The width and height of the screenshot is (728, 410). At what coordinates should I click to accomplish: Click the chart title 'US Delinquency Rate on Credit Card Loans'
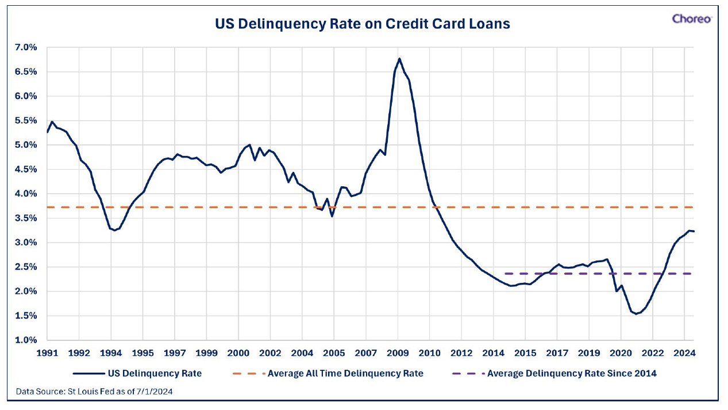(363, 24)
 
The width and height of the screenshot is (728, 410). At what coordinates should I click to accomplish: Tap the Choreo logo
(692, 19)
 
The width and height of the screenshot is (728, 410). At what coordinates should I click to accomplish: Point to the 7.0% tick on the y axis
(26, 48)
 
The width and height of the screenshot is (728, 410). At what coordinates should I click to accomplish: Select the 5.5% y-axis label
(26, 121)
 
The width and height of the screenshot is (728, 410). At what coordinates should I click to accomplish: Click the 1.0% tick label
(26, 340)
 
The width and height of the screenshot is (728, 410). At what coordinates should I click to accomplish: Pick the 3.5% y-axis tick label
(26, 218)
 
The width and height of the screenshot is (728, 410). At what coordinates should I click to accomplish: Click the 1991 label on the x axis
(48, 352)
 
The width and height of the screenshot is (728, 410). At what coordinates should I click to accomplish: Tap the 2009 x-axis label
(398, 352)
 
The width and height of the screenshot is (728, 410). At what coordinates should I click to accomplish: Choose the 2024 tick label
(684, 352)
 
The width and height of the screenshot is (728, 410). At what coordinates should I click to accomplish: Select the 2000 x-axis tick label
(238, 352)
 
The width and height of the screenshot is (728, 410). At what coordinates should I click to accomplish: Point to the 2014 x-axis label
(494, 352)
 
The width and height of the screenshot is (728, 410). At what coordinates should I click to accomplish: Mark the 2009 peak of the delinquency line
(399, 59)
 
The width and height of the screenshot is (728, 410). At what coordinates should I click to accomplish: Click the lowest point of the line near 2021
(636, 314)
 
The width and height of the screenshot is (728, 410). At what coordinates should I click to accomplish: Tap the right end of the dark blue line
(694, 231)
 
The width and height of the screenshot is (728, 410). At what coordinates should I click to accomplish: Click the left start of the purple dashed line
(506, 274)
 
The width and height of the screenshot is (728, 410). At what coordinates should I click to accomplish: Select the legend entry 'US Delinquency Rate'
(137, 373)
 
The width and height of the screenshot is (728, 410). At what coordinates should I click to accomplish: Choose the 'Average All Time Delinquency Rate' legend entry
(328, 373)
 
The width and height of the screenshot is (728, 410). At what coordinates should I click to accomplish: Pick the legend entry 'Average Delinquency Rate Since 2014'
(554, 373)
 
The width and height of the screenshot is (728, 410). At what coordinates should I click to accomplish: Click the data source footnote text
(94, 392)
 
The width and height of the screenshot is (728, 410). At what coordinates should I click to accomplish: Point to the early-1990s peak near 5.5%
(52, 122)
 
